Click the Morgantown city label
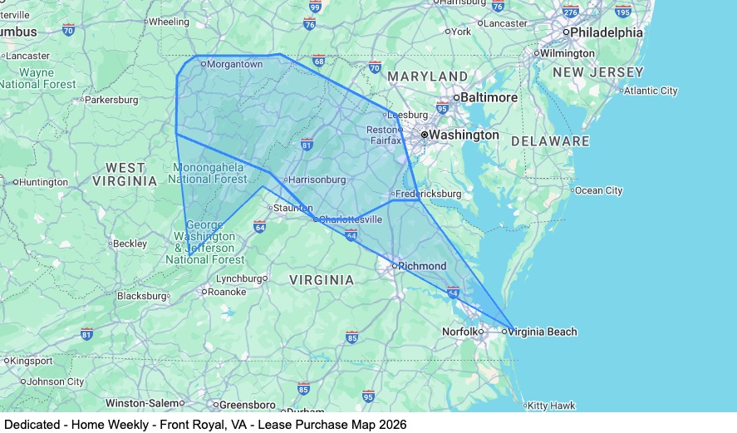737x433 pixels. (233, 64)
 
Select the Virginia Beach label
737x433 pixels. (542, 332)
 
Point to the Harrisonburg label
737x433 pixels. (317, 179)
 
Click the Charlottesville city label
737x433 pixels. (351, 219)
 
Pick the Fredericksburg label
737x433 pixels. (428, 194)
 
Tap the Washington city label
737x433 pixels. (464, 135)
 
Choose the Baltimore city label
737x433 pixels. (489, 97)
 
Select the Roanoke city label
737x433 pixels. (226, 292)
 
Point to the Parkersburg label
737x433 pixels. (111, 100)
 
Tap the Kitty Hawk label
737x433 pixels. (552, 406)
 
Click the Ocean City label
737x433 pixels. (598, 190)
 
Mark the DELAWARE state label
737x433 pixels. (550, 141)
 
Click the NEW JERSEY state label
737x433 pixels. (598, 72)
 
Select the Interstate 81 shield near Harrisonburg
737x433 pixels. (307, 145)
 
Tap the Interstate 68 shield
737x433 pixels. (319, 61)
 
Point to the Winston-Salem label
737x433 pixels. (143, 403)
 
